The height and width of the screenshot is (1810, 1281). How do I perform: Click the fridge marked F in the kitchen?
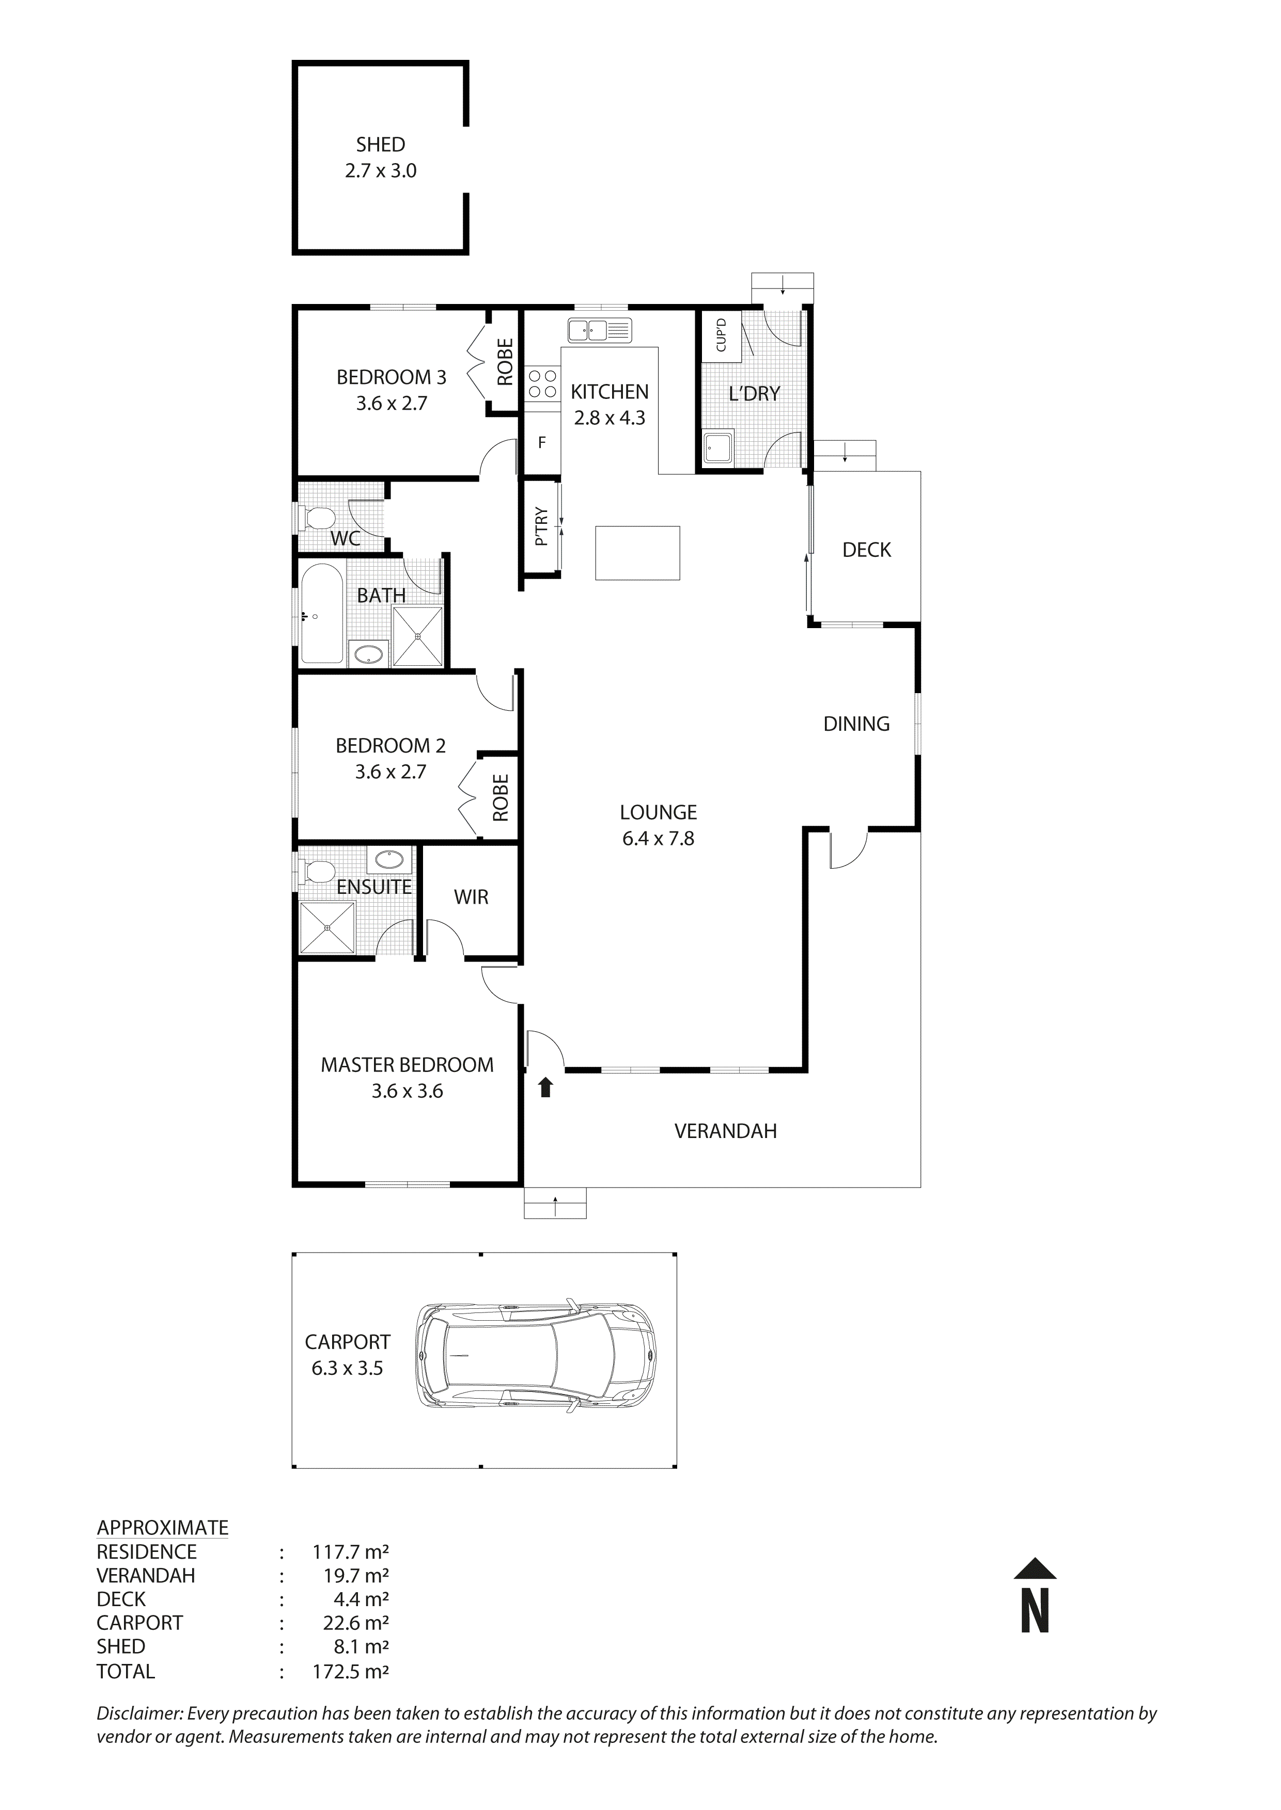tap(542, 442)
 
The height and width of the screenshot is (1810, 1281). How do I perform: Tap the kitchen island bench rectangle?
tap(637, 553)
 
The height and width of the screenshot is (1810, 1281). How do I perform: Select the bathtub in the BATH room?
tap(321, 613)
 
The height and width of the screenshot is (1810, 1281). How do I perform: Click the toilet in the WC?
tap(317, 518)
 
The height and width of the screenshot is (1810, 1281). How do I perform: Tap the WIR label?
tap(471, 897)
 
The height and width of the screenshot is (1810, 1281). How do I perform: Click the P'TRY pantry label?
tap(541, 526)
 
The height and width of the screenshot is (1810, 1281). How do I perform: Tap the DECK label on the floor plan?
tap(866, 550)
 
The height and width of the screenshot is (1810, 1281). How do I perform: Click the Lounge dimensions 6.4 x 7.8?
tap(658, 839)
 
